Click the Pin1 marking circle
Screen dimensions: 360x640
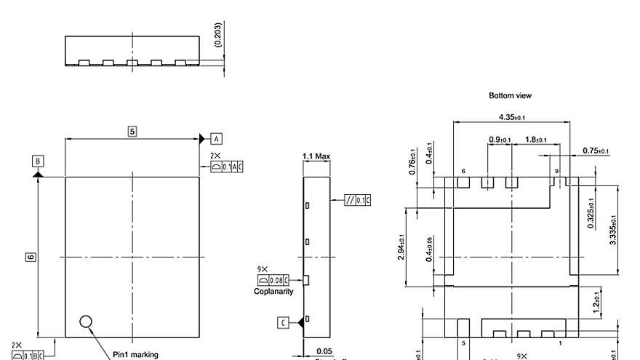tap(86, 321)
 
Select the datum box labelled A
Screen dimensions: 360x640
tap(216, 138)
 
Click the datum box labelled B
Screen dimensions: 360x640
tap(38, 161)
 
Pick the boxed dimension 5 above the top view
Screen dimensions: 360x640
tap(132, 132)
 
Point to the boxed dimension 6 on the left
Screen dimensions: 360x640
tap(30, 257)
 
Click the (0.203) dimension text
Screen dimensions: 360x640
tap(219, 35)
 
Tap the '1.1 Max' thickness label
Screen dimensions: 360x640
tap(316, 156)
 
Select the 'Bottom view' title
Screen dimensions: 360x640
tap(510, 95)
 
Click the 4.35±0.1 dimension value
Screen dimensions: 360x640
tap(511, 117)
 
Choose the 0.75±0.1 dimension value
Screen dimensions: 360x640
tap(596, 151)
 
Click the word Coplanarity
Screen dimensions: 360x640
tap(273, 291)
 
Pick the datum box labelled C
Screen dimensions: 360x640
tap(284, 322)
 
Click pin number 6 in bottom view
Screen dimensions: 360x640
tap(463, 172)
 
